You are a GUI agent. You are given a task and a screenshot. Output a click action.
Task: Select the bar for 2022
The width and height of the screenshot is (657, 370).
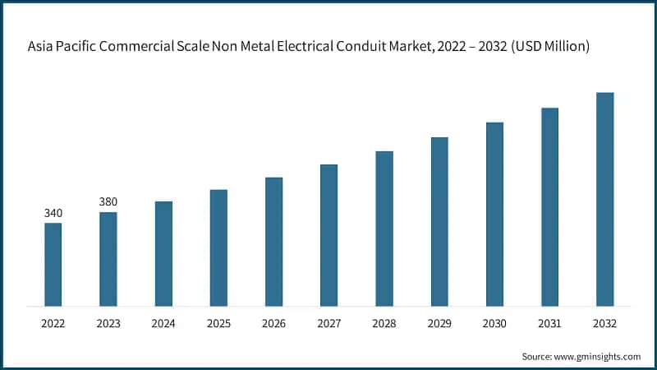(53, 264)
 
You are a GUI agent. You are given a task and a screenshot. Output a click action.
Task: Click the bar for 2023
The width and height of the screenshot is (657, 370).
(108, 259)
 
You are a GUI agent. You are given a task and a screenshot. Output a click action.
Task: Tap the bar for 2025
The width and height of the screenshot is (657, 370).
(218, 247)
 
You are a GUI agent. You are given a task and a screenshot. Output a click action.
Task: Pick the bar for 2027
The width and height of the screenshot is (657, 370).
(328, 235)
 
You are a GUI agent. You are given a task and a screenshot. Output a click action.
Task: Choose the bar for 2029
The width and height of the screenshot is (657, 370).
(439, 221)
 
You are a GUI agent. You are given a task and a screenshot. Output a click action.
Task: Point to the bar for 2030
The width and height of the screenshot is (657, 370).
(494, 214)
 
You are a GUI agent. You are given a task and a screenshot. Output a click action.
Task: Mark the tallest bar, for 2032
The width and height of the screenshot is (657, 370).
(604, 199)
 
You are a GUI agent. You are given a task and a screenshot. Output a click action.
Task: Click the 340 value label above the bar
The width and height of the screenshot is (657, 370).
(53, 214)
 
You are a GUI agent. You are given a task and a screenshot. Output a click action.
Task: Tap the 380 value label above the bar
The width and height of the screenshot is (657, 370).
(108, 202)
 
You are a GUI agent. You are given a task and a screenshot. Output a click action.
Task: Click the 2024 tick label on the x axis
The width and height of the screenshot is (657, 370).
(163, 325)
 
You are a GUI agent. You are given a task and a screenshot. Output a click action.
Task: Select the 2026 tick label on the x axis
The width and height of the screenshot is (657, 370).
(273, 325)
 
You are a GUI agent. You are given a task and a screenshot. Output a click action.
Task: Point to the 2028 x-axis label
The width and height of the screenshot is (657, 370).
(384, 325)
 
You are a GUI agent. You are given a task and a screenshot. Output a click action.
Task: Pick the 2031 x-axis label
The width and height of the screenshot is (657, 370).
(549, 325)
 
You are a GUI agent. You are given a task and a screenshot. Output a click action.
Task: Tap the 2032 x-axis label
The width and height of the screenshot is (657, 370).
(604, 325)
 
